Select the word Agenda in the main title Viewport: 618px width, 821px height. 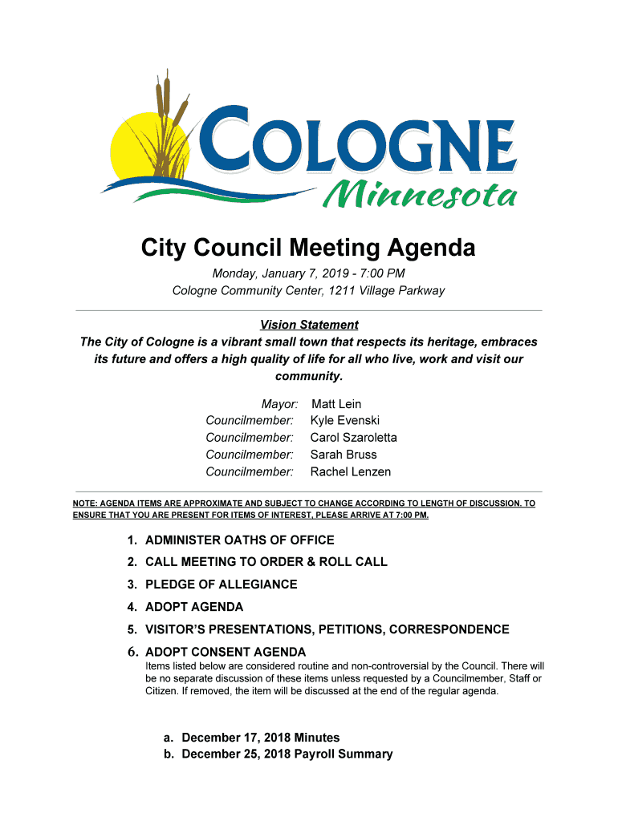pos(429,249)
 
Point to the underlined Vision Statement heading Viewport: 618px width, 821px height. pos(309,325)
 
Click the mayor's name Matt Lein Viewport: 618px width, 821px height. pos(336,404)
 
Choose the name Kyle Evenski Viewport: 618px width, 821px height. pos(345,421)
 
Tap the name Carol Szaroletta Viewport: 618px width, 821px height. pos(353,438)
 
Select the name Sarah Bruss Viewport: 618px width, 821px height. pos(344,455)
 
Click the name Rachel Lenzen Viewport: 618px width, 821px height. pos(351,471)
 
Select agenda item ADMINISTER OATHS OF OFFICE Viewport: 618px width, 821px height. pos(239,540)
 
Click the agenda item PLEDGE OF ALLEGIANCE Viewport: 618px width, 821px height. pos(221,584)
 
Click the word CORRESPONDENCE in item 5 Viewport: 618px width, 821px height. pos(449,629)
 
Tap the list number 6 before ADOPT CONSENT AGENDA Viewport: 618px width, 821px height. pos(131,652)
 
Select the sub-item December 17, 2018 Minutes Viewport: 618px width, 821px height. pos(261,738)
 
